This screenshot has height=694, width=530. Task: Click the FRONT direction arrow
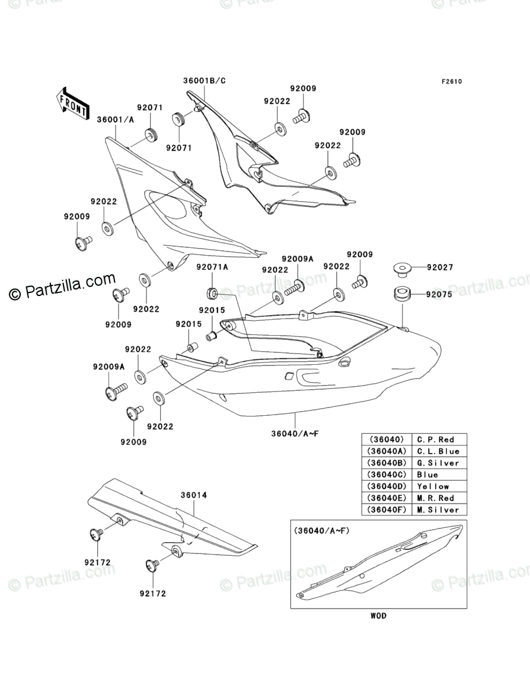[x=72, y=103]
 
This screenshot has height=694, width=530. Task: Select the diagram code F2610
[x=451, y=81]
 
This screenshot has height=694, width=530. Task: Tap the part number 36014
[x=193, y=495]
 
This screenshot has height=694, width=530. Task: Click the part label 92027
[x=440, y=268]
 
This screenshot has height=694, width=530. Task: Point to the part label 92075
[x=439, y=294]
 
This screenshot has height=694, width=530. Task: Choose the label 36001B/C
[x=205, y=81]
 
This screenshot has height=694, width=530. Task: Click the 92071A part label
[x=212, y=268]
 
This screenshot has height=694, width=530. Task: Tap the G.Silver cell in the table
[x=438, y=463]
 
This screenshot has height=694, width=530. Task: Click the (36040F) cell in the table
[x=387, y=510]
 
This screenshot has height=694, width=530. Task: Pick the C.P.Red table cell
[x=435, y=440]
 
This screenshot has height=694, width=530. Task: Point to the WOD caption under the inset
[x=378, y=616]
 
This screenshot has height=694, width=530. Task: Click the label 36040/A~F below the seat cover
[x=295, y=434]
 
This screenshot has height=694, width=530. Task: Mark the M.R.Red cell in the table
[x=435, y=498]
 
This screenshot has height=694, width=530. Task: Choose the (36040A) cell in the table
[x=387, y=451]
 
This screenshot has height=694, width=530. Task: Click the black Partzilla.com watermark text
[x=62, y=287]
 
